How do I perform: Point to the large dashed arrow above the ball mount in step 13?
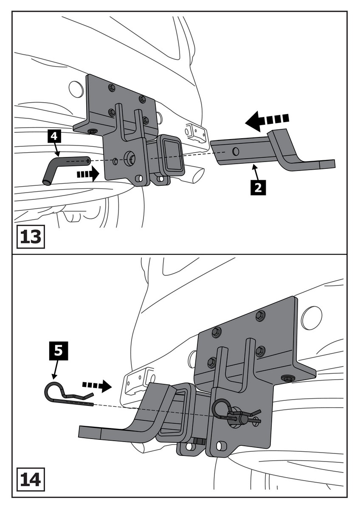pos(267,120)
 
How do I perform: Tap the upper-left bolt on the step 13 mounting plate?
pos(112,88)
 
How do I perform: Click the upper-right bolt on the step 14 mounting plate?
pos(261,315)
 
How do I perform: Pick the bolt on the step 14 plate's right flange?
pos(287,378)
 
